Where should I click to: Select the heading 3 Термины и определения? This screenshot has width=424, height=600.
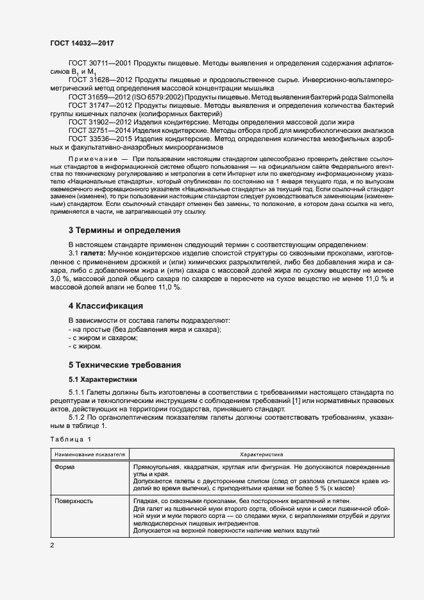point(124,230)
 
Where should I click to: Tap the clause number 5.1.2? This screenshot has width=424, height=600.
point(78,416)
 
